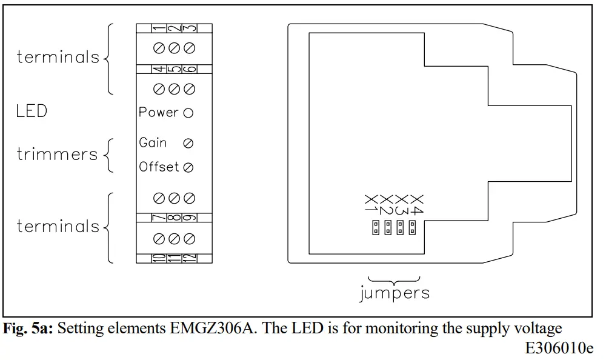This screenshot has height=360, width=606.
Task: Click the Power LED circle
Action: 188,113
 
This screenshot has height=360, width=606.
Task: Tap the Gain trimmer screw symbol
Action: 188,144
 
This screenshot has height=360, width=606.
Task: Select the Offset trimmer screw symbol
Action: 188,168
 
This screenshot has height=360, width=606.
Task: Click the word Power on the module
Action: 158,113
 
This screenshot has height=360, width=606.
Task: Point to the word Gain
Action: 153,143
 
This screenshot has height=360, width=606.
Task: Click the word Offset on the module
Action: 159,167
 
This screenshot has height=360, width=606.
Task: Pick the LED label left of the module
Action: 32,112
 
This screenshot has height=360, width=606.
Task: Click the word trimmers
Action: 57,155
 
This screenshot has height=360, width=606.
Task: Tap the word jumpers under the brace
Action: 394,294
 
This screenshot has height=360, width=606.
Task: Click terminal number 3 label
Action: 189,28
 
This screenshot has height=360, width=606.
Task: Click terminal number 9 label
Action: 189,217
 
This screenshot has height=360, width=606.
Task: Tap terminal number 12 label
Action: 189,258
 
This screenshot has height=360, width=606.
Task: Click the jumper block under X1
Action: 376,228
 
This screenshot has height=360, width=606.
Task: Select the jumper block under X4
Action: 413,228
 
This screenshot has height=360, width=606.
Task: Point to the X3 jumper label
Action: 401,204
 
